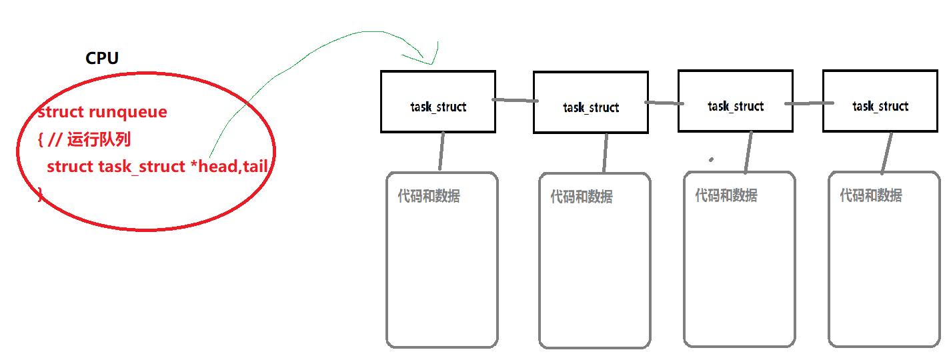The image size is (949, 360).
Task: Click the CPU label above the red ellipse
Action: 102,59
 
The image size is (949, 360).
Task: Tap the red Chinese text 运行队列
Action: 99,140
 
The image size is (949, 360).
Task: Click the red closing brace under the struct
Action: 40,193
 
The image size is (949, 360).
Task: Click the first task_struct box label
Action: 437,107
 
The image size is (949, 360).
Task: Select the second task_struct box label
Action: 590,108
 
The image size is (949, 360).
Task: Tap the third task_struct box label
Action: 736,107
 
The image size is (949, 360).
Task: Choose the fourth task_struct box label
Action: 880,107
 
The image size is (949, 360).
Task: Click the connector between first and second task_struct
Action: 514,101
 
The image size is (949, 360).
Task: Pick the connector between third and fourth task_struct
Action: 808,103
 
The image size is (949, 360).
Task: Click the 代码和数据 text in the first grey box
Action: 429,196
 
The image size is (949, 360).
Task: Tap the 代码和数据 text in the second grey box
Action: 582,197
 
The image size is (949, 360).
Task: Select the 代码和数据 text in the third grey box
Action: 726,195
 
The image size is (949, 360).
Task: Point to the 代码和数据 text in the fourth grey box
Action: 871,195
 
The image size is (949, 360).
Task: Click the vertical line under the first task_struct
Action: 441,151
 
